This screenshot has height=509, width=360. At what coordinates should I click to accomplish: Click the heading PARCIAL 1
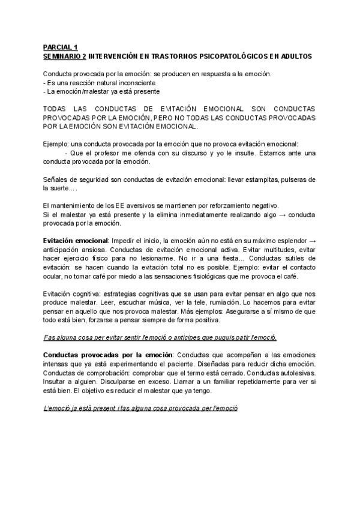coord(61,47)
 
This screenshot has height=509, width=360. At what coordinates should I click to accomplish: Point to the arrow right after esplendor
coord(313,241)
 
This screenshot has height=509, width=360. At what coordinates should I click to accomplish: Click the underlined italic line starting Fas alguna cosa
coord(160,338)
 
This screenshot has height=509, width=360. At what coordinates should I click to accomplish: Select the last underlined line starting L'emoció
coord(140,408)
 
